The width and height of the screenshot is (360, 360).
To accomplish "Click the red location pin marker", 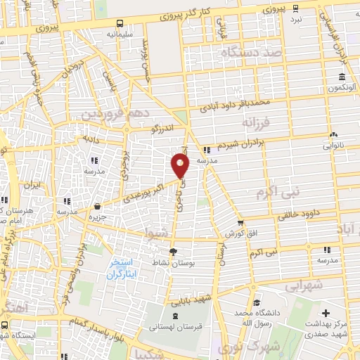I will tap(181, 166).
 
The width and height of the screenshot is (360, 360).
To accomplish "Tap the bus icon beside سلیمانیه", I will tap(119, 22).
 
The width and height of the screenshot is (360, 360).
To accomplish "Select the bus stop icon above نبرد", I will tap(296, 8).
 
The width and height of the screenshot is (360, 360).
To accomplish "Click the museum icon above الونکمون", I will tap(341, 77).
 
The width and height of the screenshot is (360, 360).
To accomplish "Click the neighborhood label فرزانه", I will tap(256, 122).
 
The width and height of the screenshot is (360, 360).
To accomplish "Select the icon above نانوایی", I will tap(334, 134).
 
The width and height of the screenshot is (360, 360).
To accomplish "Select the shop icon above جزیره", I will tap(97, 207).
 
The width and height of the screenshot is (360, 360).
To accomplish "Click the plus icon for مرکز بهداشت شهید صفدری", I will tap(324, 312).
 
